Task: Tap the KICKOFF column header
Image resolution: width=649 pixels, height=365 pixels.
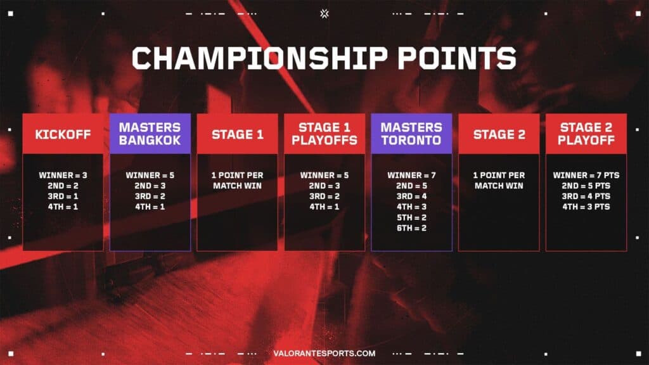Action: [x=63, y=134]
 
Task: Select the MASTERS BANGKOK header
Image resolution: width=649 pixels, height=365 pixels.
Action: [x=150, y=134]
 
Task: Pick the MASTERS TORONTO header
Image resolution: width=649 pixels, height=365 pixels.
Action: [x=411, y=134]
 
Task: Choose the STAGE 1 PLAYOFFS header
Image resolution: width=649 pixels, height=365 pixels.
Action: [x=324, y=134]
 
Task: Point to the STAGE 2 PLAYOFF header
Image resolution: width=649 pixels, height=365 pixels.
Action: [x=586, y=134]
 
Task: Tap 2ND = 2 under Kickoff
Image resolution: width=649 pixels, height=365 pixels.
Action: [x=63, y=186]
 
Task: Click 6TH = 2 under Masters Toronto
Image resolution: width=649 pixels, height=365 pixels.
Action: [x=411, y=227]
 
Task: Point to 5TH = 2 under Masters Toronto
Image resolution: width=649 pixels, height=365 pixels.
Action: [x=411, y=217]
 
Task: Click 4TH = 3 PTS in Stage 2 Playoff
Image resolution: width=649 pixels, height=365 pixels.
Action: [x=586, y=207]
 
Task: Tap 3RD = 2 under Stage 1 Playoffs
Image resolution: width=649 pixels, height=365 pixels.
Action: [x=324, y=196]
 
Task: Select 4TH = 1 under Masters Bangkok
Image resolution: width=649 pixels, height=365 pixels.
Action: [x=150, y=207]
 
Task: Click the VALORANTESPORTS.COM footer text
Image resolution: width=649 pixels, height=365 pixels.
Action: [x=324, y=354]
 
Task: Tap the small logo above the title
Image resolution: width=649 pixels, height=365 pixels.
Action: [x=324, y=12]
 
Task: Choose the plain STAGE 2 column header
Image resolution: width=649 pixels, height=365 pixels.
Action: [x=499, y=134]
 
